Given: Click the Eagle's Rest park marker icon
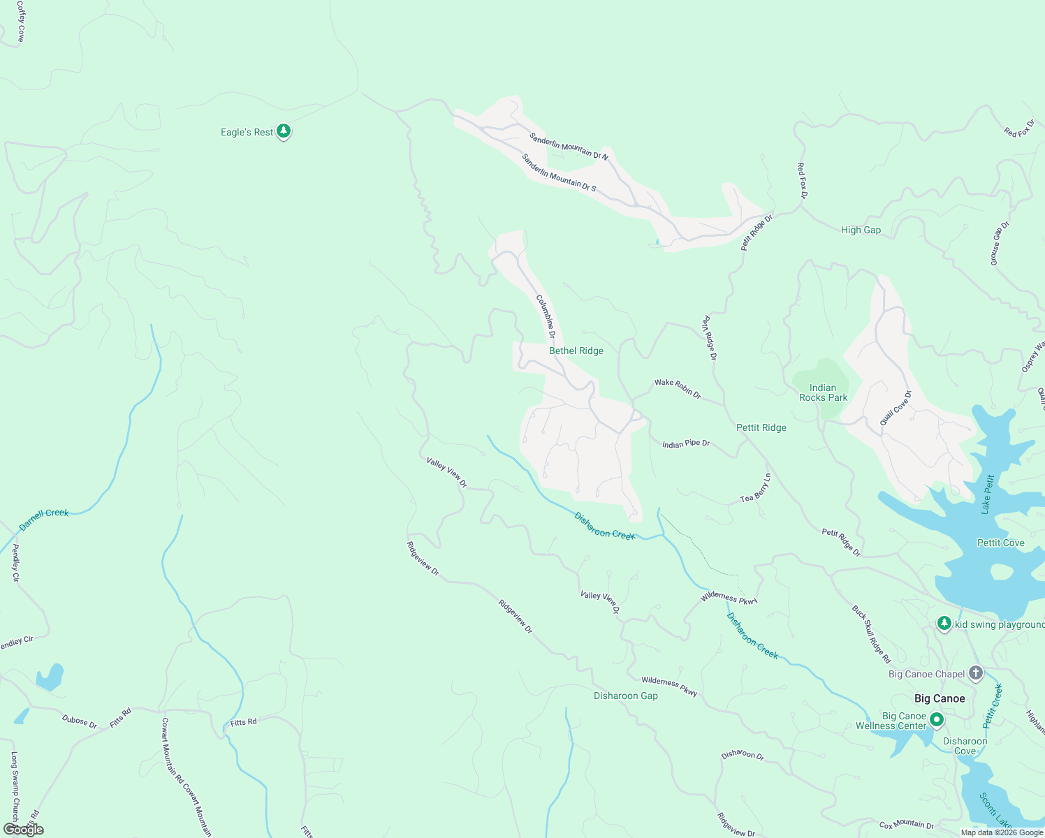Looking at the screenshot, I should [283, 131].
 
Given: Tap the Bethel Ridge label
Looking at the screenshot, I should [576, 351].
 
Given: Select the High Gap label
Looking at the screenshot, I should [861, 230].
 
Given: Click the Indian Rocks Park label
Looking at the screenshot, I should [823, 392].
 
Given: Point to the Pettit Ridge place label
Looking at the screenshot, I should [761, 427].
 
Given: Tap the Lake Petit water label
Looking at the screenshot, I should [987, 494].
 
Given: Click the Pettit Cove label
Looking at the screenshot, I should [1000, 543].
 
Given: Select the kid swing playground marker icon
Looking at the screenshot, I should [944, 623].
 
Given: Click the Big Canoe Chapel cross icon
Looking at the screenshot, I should [975, 673].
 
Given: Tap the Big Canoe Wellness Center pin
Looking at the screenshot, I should [937, 719].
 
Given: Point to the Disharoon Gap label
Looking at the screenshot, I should [625, 696].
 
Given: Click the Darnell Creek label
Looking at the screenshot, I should [43, 518].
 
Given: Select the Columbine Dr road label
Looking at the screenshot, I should [546, 316].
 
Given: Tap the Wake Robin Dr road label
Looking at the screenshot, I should [677, 387].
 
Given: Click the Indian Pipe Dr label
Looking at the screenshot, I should [685, 443].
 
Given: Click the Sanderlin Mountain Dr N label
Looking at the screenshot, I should [568, 146].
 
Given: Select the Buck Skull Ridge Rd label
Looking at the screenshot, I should [871, 633].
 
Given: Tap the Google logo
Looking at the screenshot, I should [23, 829].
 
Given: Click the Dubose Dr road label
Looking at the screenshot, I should [79, 721].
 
